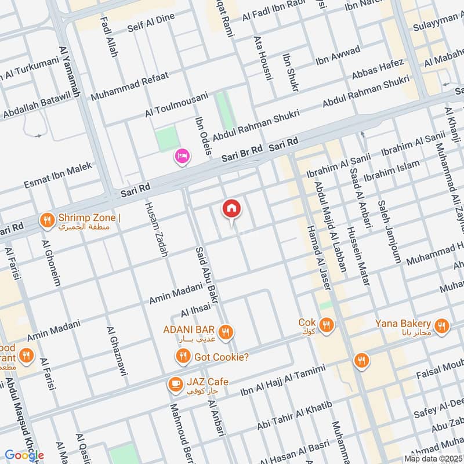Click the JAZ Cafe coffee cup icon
174,383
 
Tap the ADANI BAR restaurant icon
226,331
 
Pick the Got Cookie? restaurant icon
183,356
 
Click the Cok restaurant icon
327,325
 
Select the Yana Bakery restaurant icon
442,326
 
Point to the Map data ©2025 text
432,458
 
